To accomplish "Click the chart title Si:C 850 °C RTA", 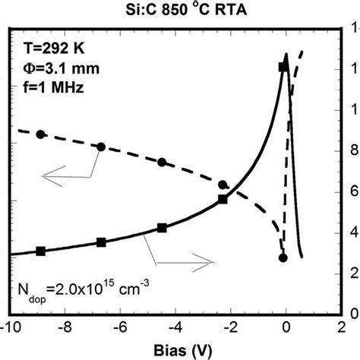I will (179, 10).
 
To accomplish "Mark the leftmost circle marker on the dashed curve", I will (41, 134).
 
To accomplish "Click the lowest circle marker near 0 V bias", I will (283, 258).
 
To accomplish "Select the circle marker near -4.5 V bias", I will (162, 162).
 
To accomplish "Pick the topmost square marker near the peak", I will (283, 68).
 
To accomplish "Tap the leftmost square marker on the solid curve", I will (41, 251).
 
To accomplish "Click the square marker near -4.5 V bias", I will (162, 228).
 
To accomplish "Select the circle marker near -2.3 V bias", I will (223, 185).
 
